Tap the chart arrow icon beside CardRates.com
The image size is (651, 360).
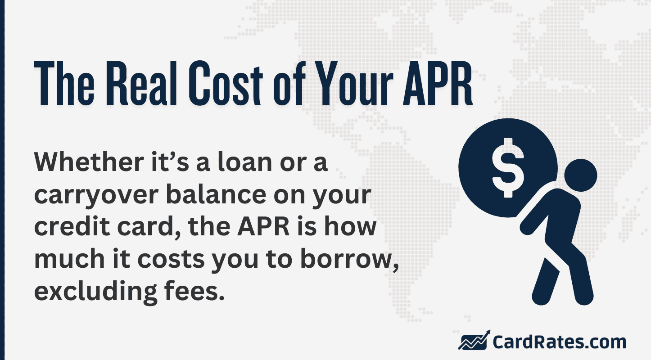click(x=473, y=341)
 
